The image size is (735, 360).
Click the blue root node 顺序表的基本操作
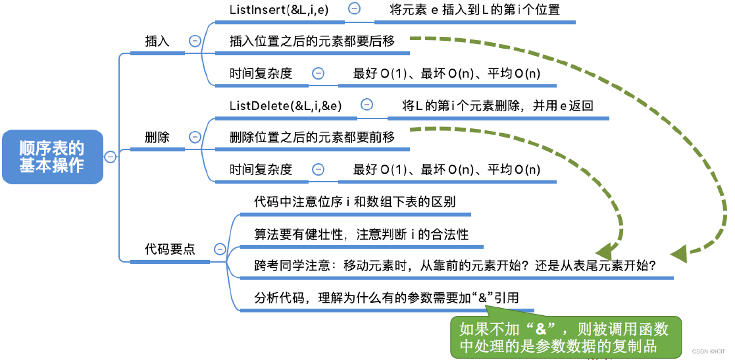click(x=52, y=156)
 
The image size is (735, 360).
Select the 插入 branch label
click(x=157, y=41)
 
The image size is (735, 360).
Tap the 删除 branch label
click(x=157, y=137)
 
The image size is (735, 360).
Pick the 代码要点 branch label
click(x=170, y=249)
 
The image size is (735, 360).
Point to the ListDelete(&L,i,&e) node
click(x=286, y=105)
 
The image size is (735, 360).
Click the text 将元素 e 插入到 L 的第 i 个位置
click(x=474, y=10)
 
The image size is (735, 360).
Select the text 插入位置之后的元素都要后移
click(x=312, y=41)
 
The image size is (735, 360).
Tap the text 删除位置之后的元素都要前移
click(x=312, y=138)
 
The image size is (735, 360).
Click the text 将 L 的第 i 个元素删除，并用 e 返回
click(x=498, y=105)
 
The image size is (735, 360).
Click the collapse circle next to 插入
click(x=195, y=41)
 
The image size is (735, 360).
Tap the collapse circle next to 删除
click(x=195, y=137)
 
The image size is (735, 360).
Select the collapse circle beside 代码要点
click(x=220, y=249)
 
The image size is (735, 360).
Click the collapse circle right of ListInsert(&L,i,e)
click(x=354, y=9)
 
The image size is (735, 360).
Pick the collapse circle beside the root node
click(x=111, y=157)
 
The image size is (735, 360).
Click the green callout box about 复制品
click(x=567, y=338)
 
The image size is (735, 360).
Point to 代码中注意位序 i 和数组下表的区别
click(x=355, y=201)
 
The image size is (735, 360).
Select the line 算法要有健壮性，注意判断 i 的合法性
click(x=361, y=234)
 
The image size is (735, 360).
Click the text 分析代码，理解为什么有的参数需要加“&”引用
click(x=386, y=297)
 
